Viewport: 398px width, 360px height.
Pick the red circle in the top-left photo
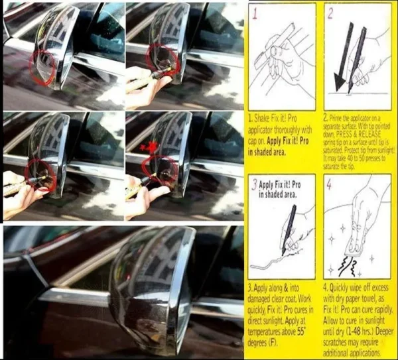[45, 66]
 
